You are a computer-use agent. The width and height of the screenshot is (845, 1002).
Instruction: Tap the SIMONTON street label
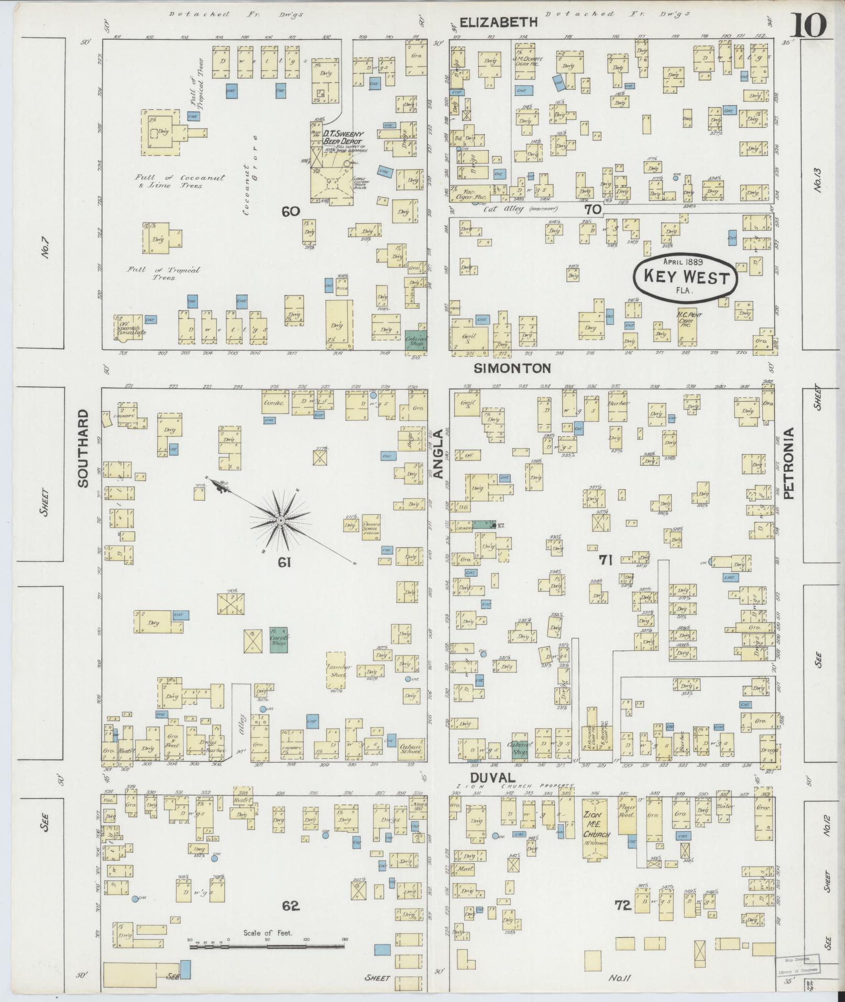[512, 368]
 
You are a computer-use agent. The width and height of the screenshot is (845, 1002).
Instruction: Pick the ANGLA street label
[438, 454]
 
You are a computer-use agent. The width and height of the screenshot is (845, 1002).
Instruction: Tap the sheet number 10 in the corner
[808, 25]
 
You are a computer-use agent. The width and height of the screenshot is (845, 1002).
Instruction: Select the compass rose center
[281, 520]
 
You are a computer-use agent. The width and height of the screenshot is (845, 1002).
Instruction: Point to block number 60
[290, 211]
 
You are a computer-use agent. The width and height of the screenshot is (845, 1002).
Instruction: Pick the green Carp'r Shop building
[278, 639]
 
